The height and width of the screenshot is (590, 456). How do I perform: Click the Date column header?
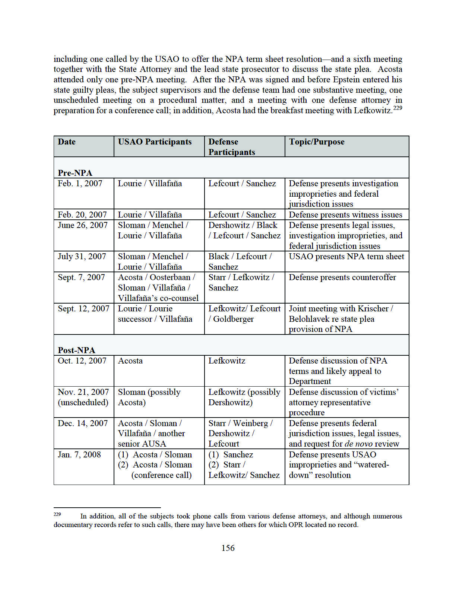coord(67,142)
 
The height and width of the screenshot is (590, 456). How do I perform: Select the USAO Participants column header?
coord(155,142)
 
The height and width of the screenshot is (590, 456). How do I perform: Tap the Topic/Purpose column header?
coord(317,142)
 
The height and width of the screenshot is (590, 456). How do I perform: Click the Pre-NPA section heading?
coord(75,173)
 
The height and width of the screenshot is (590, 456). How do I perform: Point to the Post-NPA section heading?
coord(76,350)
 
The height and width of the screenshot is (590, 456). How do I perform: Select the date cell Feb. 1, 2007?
coord(80,184)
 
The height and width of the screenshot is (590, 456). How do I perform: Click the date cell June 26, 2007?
coord(82,225)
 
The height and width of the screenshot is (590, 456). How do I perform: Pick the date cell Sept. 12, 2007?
coord(83,309)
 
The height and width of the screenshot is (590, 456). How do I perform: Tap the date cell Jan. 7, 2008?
coord(79,455)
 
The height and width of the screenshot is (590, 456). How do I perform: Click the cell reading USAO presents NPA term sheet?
coord(346,257)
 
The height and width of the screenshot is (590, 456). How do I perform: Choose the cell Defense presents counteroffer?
coord(342,277)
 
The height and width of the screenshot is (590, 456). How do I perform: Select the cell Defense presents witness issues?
coord(345,215)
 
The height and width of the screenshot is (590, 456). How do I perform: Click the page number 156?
coord(228,548)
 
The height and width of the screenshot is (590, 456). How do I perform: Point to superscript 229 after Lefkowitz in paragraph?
coord(398,108)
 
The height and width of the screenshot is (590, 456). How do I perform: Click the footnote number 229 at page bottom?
coord(57,514)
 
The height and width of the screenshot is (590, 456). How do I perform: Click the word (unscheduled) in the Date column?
coord(83,403)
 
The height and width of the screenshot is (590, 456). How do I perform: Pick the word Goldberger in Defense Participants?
coord(233,319)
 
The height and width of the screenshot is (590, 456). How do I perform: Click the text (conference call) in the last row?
coord(161,475)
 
